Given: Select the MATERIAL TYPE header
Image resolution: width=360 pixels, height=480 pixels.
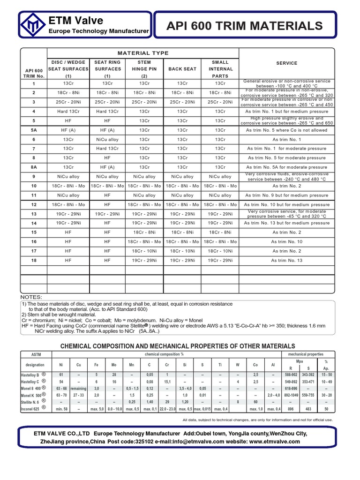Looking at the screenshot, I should coord(143,53).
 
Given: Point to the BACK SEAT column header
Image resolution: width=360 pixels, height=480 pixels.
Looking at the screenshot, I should coord(182,69).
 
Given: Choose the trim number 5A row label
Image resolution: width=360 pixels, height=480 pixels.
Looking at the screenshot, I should coord(33,130).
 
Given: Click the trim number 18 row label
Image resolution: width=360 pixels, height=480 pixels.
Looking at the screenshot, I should coord(33,261).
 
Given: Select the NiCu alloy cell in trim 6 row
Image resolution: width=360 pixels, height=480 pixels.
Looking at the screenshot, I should coord(107,140).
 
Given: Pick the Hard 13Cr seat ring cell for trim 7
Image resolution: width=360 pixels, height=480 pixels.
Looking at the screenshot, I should coord(107,149).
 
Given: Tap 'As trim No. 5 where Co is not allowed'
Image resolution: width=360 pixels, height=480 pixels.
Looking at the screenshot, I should coord(286,130).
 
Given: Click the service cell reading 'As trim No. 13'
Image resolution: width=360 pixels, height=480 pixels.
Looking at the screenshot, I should coord(286,261).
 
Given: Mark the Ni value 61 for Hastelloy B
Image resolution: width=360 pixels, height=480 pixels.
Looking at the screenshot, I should coord(60,375).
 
